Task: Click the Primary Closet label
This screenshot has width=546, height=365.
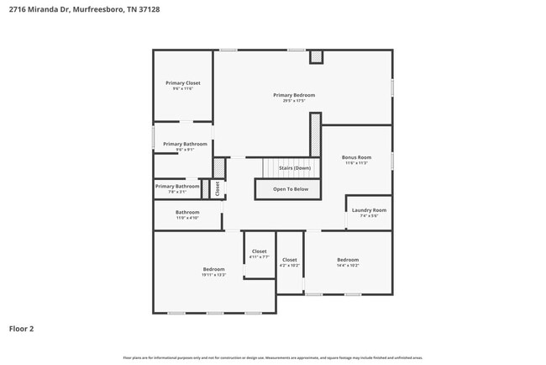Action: [x=182, y=83]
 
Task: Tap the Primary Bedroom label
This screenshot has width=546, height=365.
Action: [x=294, y=95]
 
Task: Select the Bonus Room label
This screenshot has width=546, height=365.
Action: [x=356, y=157]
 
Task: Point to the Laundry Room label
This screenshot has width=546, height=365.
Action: [x=369, y=209]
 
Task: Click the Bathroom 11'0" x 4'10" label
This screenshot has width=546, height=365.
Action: [x=187, y=212]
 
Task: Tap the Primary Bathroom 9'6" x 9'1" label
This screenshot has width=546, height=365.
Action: [x=185, y=144]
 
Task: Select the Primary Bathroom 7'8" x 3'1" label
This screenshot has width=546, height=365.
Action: [x=177, y=186]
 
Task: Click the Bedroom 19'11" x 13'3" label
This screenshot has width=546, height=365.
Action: [x=213, y=269]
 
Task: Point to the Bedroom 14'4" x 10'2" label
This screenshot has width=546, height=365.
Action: [x=348, y=260]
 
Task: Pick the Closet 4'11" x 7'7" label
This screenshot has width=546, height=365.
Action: [x=260, y=251]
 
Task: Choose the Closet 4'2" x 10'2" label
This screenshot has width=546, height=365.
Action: [x=290, y=260]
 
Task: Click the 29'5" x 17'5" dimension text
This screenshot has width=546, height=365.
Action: [x=294, y=101]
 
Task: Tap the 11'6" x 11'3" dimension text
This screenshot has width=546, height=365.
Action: [x=356, y=163]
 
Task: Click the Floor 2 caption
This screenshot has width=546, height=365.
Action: [x=21, y=329]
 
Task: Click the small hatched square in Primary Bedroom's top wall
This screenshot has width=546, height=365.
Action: [x=316, y=57]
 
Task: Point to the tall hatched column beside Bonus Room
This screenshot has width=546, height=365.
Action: [x=316, y=135]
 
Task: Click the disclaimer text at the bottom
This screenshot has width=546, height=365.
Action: [x=273, y=357]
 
